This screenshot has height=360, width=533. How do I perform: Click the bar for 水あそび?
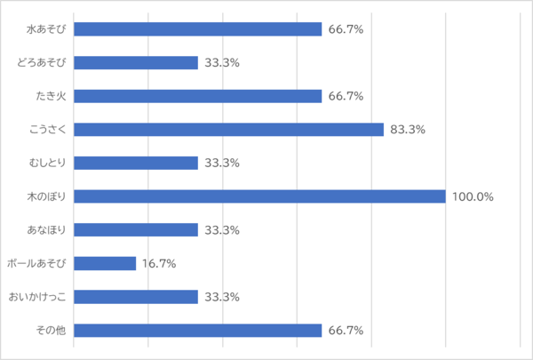point(197,29)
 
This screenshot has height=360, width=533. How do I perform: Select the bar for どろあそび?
point(135,63)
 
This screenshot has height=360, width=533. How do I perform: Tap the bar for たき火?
point(197,96)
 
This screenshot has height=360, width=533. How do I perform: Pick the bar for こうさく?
point(228,130)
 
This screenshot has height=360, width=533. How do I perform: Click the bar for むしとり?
point(135,163)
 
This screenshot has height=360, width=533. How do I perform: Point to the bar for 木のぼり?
point(259,196)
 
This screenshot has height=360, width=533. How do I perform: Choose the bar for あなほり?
point(135,230)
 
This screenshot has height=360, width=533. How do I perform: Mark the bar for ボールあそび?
point(105,263)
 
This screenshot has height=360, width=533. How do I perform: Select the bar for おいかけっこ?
point(135,297)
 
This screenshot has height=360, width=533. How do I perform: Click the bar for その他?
point(197,331)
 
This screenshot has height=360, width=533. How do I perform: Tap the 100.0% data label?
point(473,196)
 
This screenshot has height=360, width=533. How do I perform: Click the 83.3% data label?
point(408,130)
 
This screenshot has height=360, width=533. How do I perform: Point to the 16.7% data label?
point(160,263)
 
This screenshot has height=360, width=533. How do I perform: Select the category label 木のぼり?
point(49,196)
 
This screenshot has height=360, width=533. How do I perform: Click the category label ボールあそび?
point(36,263)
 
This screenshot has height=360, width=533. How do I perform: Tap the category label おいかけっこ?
point(37,297)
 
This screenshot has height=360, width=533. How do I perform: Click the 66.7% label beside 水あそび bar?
point(346,29)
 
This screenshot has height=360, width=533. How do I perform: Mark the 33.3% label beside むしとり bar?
point(222,163)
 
